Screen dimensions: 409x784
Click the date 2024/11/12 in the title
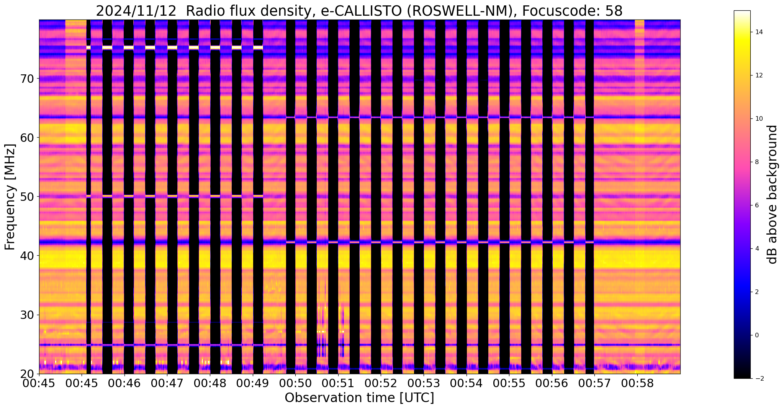tap(136, 11)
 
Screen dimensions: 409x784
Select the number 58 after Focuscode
tap(614, 11)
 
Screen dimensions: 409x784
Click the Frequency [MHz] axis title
tap(10, 197)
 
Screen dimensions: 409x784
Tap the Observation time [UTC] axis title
tap(359, 398)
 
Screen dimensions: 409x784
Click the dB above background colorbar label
tap(773, 195)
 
